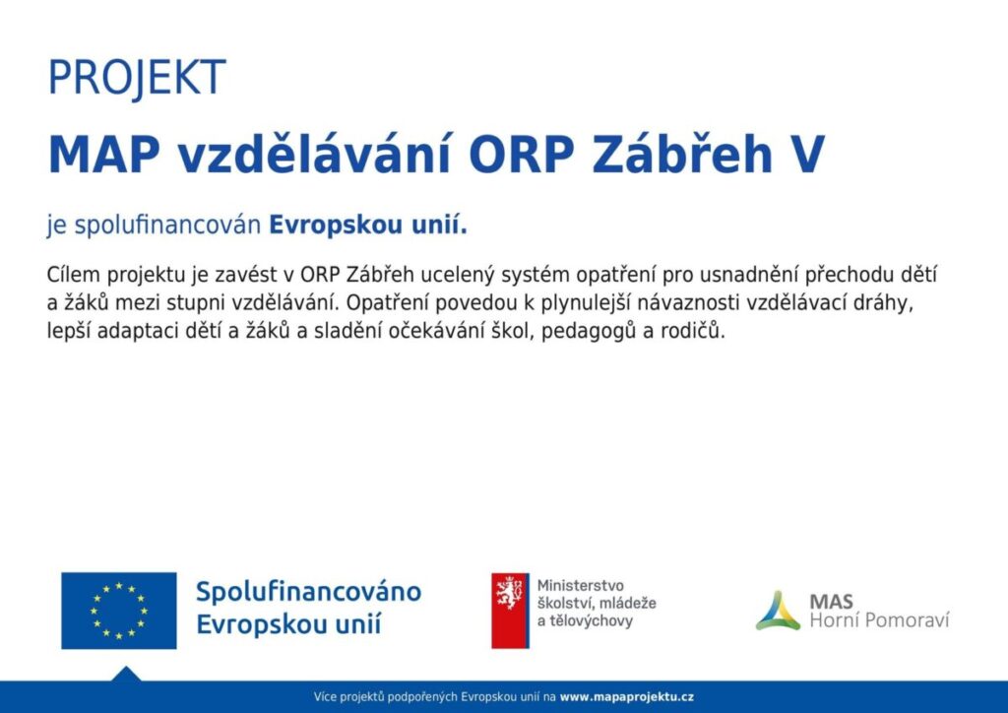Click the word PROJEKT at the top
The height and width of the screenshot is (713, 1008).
137,78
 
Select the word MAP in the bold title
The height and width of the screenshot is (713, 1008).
104,155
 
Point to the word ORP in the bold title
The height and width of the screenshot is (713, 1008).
522,155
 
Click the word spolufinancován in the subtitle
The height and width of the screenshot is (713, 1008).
167,226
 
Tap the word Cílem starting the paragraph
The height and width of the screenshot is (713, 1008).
73,275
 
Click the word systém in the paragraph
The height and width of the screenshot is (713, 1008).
535,275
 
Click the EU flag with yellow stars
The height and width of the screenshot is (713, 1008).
119,611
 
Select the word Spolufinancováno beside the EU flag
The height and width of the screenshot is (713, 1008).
308,592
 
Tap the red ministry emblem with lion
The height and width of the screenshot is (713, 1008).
511,611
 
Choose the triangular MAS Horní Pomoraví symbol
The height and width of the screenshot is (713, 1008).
778,611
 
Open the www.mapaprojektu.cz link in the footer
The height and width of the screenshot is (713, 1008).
627,697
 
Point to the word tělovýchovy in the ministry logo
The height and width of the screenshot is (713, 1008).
591,621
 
